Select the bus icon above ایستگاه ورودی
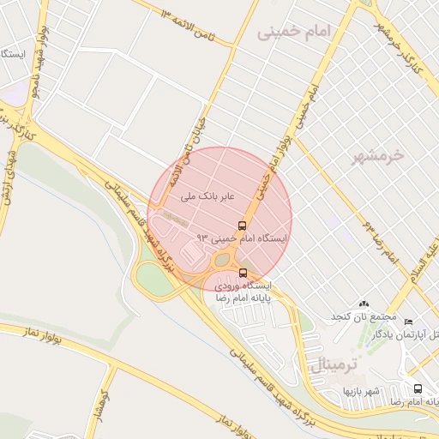pyautogui.click(x=243, y=273)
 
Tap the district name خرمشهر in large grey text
pyautogui.click(x=378, y=157)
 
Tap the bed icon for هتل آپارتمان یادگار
pyautogui.click(x=407, y=320)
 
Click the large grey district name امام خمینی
pyautogui.click(x=292, y=33)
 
